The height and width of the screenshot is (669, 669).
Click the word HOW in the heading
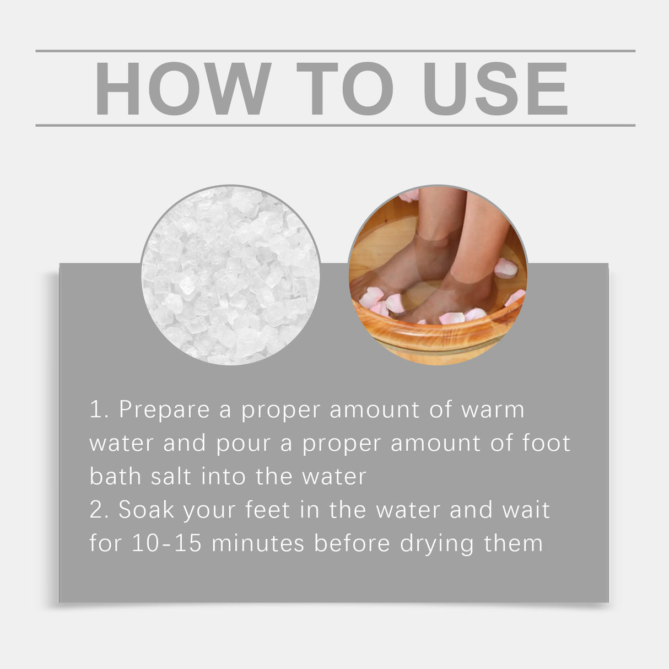pos(182,89)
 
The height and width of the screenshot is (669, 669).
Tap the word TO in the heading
pos(345,89)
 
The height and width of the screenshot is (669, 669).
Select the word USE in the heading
pos(495,89)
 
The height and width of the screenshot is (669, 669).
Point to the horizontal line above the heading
pos(335,51)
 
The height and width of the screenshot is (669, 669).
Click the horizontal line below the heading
pos(335,126)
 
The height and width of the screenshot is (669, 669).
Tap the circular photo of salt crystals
pos(230,275)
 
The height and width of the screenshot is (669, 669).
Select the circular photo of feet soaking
pos(438,275)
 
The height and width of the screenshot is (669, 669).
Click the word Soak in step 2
pos(147,510)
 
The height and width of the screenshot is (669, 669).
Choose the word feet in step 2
pos(267,510)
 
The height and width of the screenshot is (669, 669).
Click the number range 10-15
pos(166,544)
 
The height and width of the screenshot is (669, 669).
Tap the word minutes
pos(258,544)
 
